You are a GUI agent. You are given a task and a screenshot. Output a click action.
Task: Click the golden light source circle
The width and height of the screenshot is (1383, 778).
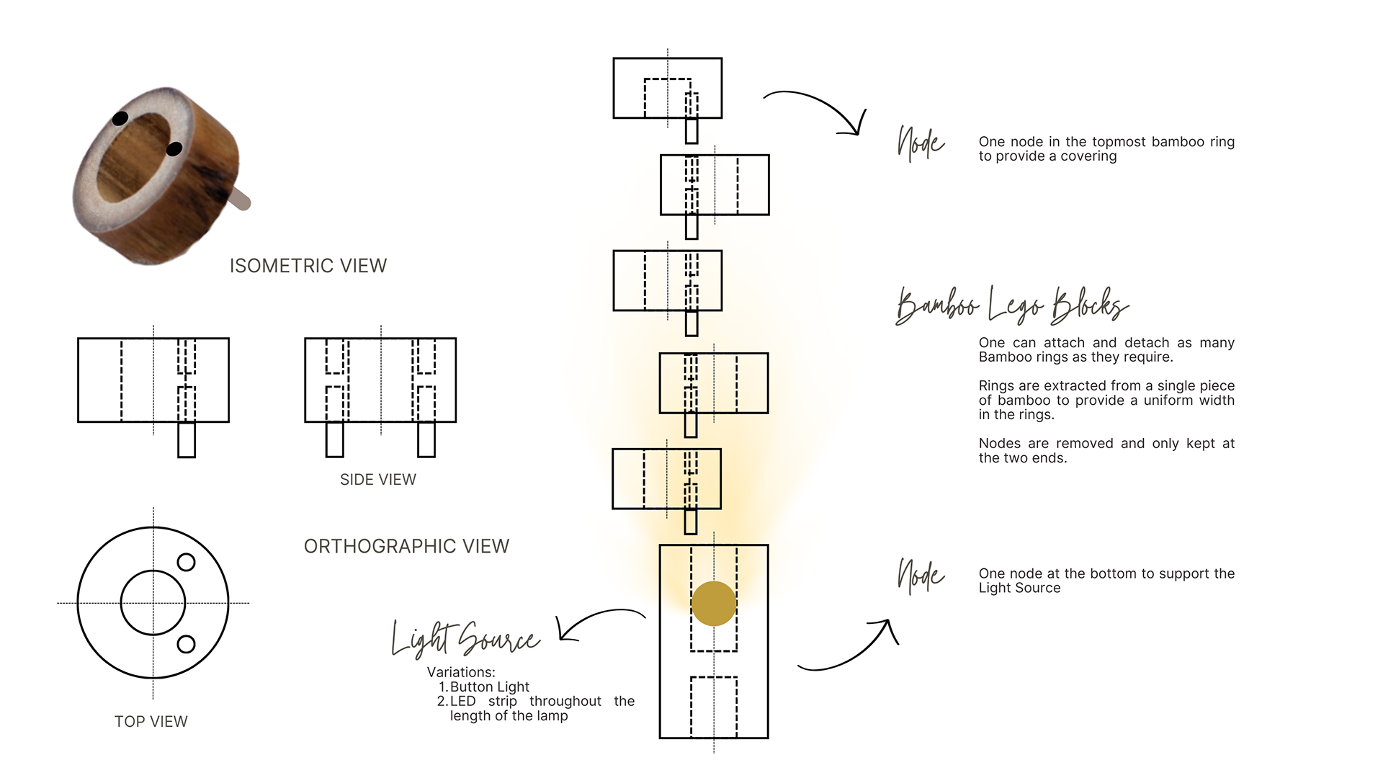coord(713,604)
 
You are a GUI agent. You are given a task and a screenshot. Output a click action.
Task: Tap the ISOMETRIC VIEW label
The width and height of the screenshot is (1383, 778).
coord(308,266)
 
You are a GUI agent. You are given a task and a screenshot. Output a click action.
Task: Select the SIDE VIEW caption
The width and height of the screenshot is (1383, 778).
coord(378,480)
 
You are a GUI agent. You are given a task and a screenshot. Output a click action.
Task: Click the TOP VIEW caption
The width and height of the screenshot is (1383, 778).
coord(151,722)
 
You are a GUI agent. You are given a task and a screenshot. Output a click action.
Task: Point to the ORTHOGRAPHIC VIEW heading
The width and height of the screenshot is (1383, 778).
coord(406,546)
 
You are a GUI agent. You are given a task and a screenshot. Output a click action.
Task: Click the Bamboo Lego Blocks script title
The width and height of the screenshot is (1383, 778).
coord(1012,305)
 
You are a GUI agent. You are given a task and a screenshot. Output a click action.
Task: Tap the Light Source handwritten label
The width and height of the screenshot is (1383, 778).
coord(465,638)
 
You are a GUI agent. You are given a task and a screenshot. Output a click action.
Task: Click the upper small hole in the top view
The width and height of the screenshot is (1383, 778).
coord(186,563)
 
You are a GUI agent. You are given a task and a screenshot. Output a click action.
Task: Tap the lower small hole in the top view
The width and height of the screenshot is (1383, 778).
coord(186,644)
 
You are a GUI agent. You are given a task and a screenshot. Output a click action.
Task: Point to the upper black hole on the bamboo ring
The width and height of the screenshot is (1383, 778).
coord(120,118)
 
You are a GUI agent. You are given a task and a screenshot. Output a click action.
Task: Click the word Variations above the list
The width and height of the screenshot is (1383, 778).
coord(461,673)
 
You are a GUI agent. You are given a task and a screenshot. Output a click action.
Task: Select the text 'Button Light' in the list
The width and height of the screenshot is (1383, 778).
coord(490,687)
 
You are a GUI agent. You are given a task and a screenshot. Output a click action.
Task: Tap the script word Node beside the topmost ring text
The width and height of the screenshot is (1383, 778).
coord(921,143)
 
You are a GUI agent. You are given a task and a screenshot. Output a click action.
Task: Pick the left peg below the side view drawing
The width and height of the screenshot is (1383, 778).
coord(335,439)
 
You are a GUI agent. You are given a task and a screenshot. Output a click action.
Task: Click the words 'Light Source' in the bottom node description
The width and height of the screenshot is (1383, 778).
coord(1020,589)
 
